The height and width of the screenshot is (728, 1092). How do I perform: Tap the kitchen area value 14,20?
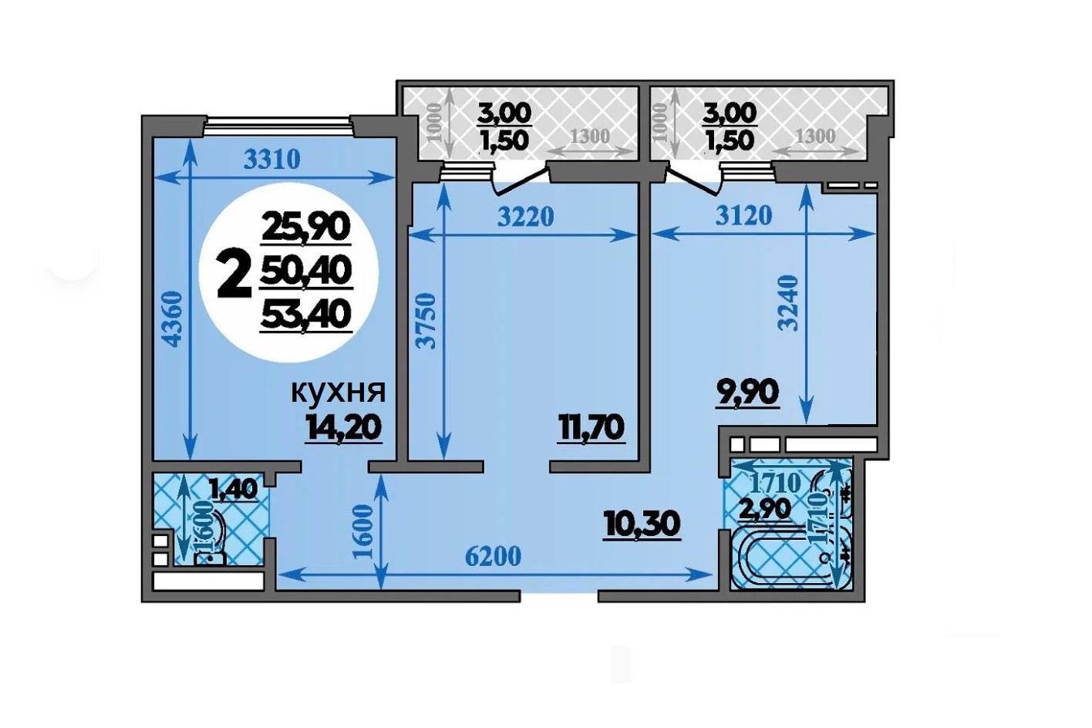point(344,430)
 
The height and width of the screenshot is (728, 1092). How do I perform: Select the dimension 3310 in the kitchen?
point(271,160)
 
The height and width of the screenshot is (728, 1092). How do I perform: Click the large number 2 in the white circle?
point(234,275)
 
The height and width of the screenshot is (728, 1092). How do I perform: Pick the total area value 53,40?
point(305,315)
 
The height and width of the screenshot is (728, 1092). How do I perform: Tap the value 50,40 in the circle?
point(305,271)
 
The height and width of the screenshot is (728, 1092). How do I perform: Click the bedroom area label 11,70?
point(591,430)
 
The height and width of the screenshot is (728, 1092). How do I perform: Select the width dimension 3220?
point(525,217)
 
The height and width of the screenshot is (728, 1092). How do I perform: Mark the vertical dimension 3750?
point(427,320)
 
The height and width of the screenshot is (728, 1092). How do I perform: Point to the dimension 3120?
point(744,215)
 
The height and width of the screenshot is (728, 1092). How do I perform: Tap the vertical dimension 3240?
point(788,303)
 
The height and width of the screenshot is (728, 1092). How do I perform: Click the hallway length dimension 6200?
point(493,558)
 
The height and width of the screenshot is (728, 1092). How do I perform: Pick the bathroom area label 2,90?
point(765,509)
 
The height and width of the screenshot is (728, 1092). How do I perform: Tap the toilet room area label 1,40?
point(233,489)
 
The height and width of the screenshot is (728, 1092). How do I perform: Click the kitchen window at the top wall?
point(278,126)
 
